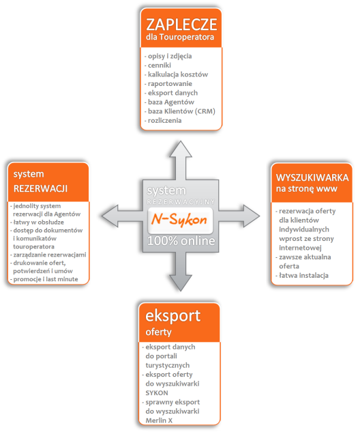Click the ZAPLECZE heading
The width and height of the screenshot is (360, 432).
[x=181, y=25]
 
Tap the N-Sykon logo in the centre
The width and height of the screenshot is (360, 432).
[x=180, y=220]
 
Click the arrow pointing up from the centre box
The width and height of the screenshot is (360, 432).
[x=181, y=160]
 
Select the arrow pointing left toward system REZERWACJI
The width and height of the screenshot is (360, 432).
[x=122, y=216]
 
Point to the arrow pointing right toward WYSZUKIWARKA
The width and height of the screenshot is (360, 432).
[x=239, y=216]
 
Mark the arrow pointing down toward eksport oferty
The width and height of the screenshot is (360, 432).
[x=181, y=272]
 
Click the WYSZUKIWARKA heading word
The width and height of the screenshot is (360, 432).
[x=312, y=177]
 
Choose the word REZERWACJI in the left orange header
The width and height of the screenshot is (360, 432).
[x=40, y=189]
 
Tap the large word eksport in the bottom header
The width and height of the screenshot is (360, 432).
[x=173, y=316]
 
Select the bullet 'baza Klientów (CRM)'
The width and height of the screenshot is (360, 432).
[x=180, y=111]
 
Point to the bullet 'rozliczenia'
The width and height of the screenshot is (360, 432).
[x=163, y=120]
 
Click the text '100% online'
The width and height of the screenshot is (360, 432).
[x=181, y=241]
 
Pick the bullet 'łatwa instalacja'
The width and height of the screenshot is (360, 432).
[x=302, y=275]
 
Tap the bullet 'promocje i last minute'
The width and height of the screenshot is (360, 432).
[x=44, y=279]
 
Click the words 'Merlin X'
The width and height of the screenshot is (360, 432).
[x=159, y=420]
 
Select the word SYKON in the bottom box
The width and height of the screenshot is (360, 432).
[x=157, y=393]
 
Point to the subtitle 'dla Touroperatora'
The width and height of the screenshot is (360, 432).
[x=180, y=37]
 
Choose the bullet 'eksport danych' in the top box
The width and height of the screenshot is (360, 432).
[x=171, y=93]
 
